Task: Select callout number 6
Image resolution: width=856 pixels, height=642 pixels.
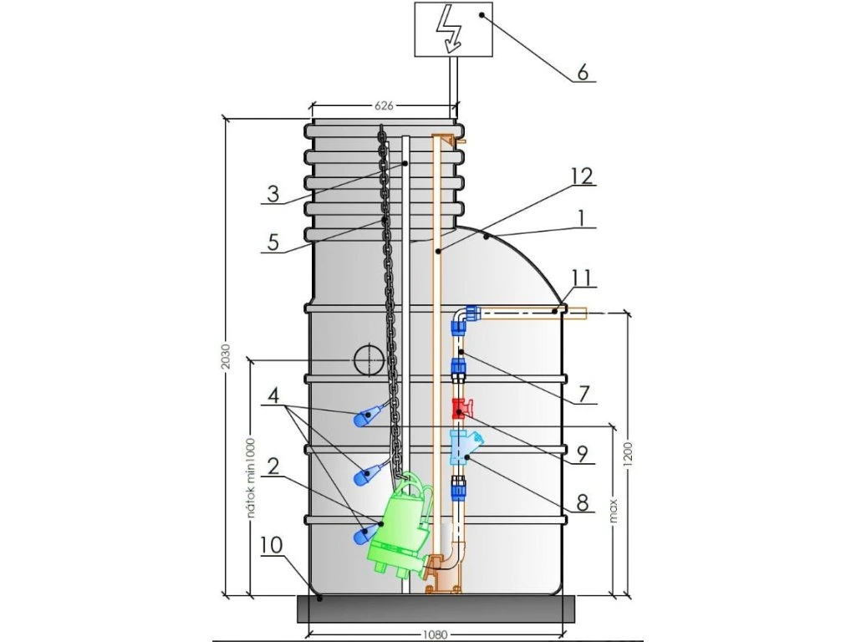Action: (x=583, y=72)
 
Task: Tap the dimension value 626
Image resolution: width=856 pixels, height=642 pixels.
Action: (x=384, y=106)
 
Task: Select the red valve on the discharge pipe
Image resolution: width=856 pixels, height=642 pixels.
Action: (x=461, y=409)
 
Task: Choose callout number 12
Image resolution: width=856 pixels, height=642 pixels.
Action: (x=582, y=176)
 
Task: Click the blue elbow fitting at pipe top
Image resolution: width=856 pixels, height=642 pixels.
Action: (x=466, y=317)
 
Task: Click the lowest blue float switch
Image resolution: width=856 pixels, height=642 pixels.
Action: (x=362, y=532)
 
